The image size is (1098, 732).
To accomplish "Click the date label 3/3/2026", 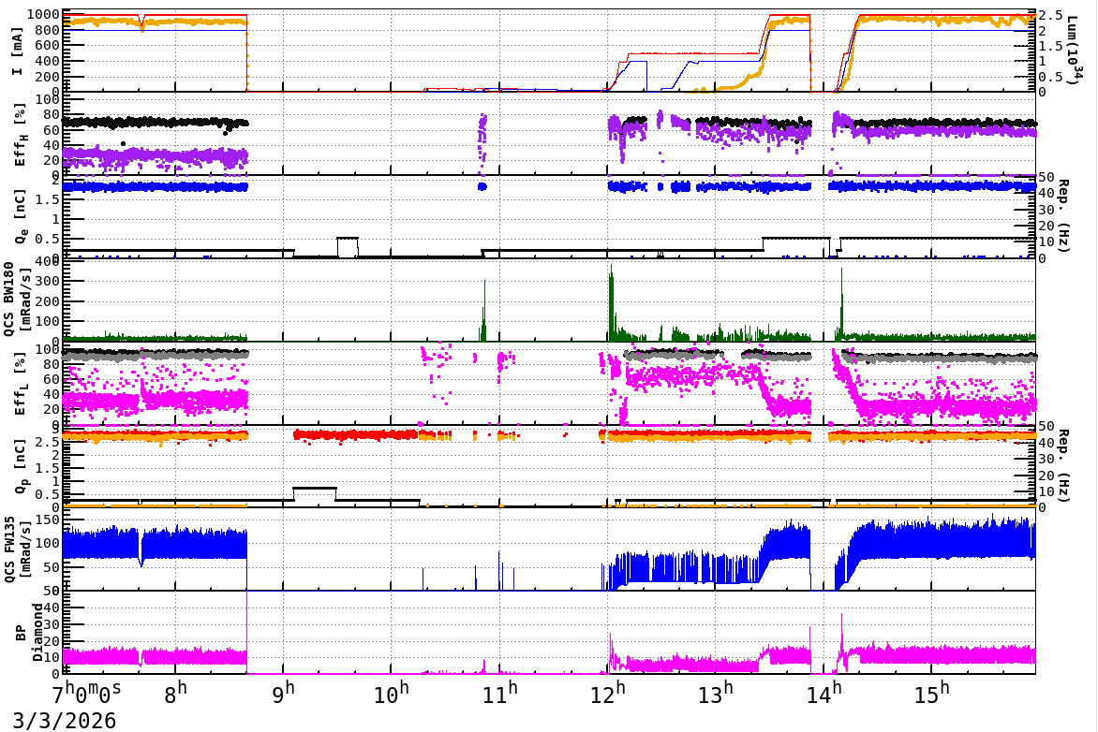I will point(58,720).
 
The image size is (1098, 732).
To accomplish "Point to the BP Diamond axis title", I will point(23,632).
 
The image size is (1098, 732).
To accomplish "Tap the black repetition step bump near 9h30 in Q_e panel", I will point(348,239).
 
